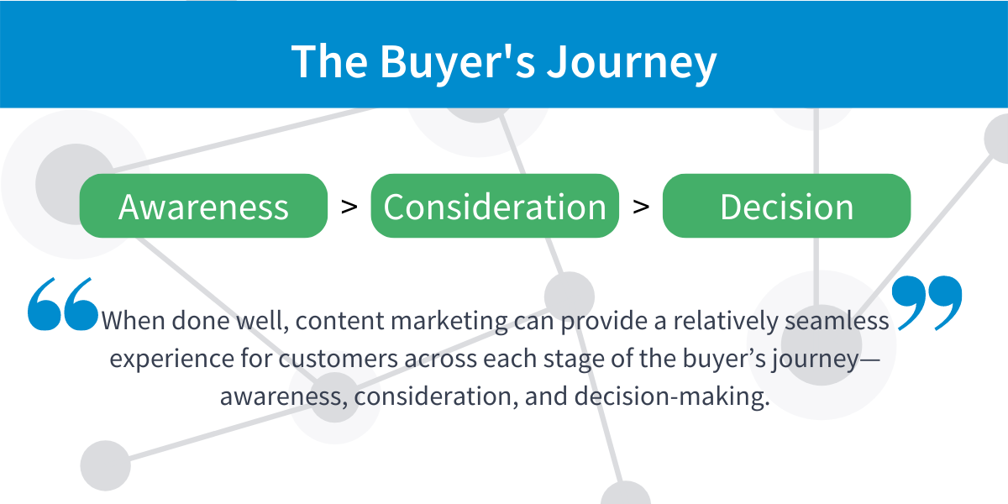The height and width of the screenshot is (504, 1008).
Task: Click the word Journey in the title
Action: tap(632, 64)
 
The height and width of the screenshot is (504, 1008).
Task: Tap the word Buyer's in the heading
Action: tap(458, 64)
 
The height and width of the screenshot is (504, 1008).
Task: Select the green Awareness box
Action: tap(203, 206)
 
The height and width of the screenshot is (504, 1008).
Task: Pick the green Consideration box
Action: tap(495, 206)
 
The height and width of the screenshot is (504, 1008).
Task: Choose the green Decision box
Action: tap(786, 206)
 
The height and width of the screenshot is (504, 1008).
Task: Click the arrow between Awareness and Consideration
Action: tap(349, 207)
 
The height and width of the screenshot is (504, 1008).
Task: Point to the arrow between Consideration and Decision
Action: tap(641, 207)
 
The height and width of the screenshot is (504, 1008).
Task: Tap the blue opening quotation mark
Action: tap(62, 304)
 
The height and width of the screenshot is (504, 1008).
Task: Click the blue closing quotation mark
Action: tap(927, 303)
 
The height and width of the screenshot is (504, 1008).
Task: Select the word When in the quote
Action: tap(133, 321)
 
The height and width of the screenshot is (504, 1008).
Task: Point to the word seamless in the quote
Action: tap(837, 321)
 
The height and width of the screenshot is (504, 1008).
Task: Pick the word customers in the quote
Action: tap(338, 360)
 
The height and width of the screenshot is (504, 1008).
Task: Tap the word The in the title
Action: tap(330, 62)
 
